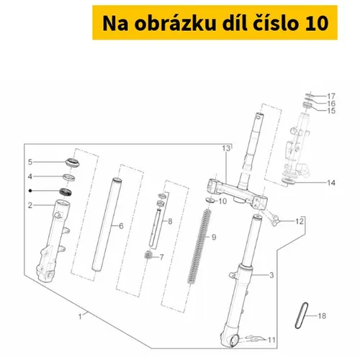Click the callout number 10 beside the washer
click(222, 201)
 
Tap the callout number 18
click(322, 316)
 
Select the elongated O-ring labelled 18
click(302, 315)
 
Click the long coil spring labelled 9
click(199, 246)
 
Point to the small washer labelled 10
click(211, 200)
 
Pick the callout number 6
click(121, 226)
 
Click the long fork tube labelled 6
click(107, 225)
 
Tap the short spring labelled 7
click(148, 255)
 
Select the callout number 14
click(331, 183)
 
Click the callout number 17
click(331, 96)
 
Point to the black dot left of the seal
click(30, 191)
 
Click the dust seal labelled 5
click(73, 163)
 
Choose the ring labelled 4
click(69, 178)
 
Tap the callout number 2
click(30, 205)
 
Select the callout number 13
click(226, 148)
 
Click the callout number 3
click(271, 275)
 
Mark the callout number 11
click(271, 340)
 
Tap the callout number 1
click(80, 317)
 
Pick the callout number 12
click(300, 221)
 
